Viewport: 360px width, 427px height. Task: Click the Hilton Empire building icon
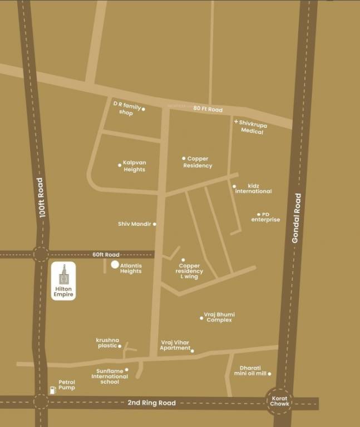[x=64, y=274]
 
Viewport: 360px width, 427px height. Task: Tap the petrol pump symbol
[x=53, y=389]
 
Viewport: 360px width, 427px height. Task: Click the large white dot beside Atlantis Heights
[x=115, y=265]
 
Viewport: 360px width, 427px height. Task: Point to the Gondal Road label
[x=297, y=218]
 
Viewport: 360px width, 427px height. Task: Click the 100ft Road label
[x=41, y=197]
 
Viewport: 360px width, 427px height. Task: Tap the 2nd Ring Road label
[x=151, y=403]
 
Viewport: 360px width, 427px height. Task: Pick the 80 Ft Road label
[x=208, y=110]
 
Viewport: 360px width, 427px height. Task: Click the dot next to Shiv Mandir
[x=154, y=224]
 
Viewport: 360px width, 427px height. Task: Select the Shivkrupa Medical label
[x=253, y=128]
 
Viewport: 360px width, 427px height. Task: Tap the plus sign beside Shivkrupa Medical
[x=236, y=121]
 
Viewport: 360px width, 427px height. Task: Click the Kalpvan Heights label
[x=134, y=166]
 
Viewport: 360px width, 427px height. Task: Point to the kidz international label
[x=253, y=188]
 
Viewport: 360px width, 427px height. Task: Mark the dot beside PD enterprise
[x=259, y=214]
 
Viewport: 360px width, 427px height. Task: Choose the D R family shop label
[x=127, y=108]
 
